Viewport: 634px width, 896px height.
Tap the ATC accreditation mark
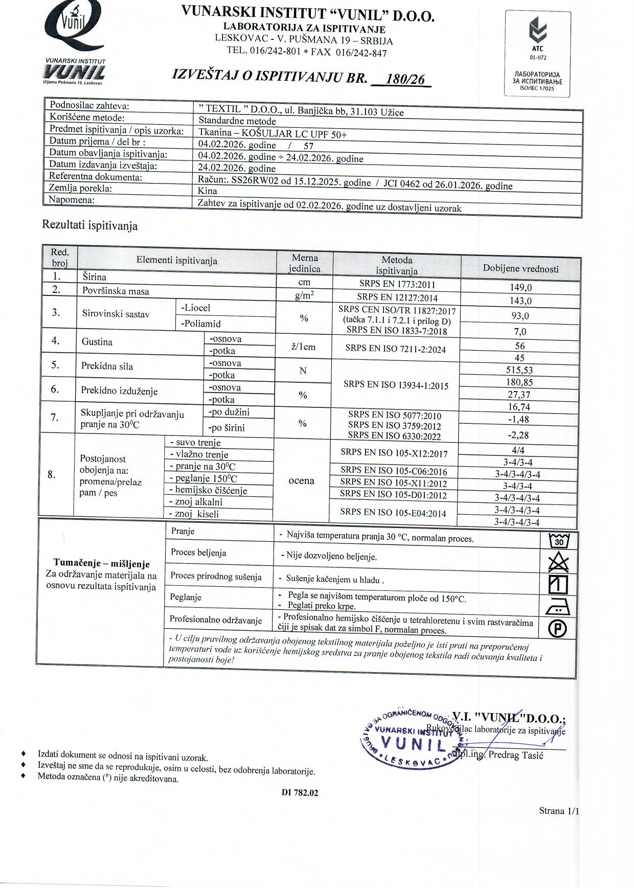(x=537, y=38)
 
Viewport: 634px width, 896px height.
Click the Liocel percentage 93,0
(x=520, y=316)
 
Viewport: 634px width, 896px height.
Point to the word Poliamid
(x=200, y=324)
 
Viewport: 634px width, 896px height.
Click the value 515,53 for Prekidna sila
(x=519, y=370)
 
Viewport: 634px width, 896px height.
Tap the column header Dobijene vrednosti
(x=520, y=269)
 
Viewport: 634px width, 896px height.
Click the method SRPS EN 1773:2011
(x=397, y=285)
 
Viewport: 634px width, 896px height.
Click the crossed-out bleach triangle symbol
(x=558, y=562)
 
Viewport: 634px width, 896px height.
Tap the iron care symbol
(x=558, y=607)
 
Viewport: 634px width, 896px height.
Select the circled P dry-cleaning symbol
(x=557, y=629)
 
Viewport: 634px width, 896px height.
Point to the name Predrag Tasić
(x=516, y=755)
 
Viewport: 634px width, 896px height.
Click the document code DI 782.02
(x=300, y=793)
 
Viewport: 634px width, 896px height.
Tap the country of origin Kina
(x=208, y=191)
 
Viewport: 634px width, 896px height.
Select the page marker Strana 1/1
(x=559, y=811)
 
